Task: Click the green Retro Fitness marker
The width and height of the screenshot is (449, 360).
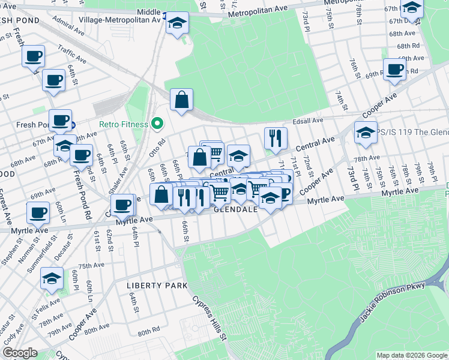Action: (x=157, y=124)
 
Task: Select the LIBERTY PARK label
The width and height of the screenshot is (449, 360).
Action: (x=157, y=286)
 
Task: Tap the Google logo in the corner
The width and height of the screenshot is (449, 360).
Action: (x=19, y=353)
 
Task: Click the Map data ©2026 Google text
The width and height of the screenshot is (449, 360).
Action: (x=411, y=355)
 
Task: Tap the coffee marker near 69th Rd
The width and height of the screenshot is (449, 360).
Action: (x=394, y=69)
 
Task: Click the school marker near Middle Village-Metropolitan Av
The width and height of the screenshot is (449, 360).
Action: (x=177, y=23)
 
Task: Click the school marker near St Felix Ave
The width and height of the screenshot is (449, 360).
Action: (x=52, y=278)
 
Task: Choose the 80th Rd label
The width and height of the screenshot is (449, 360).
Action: (x=148, y=331)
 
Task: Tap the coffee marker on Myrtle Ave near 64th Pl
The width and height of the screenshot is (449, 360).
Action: (x=122, y=205)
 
